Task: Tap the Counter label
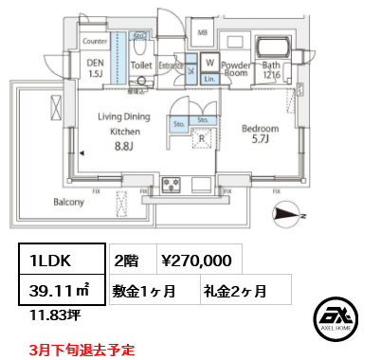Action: tap(94, 42)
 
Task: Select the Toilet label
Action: tap(140, 66)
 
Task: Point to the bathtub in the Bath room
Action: tap(275, 48)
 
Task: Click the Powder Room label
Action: tap(236, 69)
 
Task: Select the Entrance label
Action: tap(172, 65)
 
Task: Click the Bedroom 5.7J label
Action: tap(260, 134)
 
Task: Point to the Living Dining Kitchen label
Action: tap(125, 124)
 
